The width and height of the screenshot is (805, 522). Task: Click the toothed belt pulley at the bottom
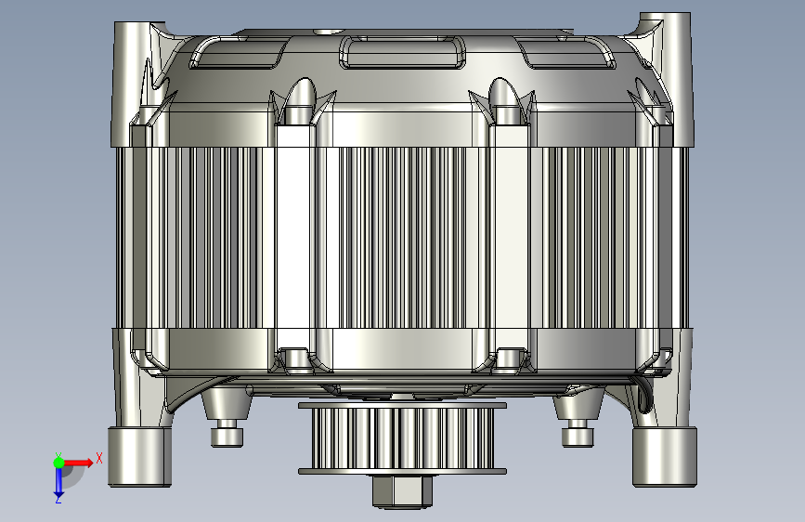point(402,438)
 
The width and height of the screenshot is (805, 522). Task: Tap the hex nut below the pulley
point(402,490)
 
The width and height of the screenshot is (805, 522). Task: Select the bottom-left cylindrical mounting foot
point(139,456)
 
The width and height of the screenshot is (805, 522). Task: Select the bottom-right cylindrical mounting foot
point(664,456)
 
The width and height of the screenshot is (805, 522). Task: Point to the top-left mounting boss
point(132,84)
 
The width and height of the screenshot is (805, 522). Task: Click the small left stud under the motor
point(227,432)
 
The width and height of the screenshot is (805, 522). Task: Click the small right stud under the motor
point(577,432)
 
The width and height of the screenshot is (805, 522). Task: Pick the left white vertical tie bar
point(295,236)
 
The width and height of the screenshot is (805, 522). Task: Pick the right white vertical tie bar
point(509,236)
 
